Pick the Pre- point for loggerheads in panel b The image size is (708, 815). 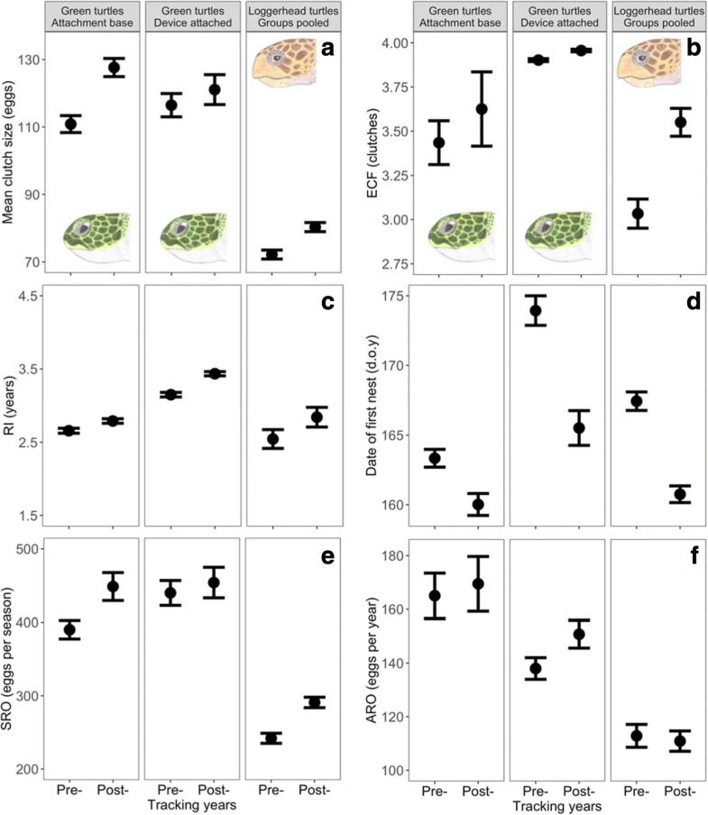(x=638, y=214)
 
